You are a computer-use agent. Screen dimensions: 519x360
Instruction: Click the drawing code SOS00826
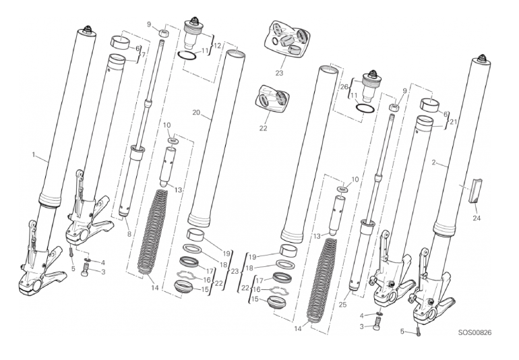point(475,332)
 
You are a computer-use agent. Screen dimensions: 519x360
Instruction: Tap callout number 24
point(477,218)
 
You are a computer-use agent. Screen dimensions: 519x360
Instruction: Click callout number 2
point(433,162)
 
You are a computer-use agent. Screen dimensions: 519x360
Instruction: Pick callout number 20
point(196,113)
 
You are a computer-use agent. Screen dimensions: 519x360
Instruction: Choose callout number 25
point(342,304)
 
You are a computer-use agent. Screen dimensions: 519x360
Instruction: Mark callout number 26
point(344,87)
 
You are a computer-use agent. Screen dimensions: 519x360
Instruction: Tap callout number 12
point(217,46)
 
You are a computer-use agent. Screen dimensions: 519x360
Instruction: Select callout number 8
point(129,234)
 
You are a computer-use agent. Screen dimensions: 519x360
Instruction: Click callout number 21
point(453,121)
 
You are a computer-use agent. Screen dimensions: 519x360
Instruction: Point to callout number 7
point(143,54)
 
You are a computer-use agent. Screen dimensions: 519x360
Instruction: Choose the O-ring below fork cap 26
point(365,109)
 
